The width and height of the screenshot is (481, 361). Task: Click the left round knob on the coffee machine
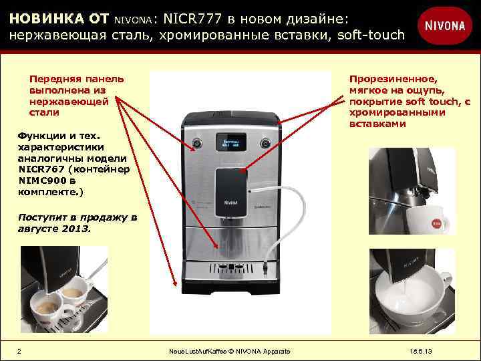tap(197, 142)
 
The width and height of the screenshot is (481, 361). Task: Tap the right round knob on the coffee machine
tap(265, 142)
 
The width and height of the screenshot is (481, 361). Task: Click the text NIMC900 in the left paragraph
tap(39, 180)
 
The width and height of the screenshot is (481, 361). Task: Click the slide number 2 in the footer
tap(19, 352)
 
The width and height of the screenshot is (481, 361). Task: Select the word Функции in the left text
tap(40, 136)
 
